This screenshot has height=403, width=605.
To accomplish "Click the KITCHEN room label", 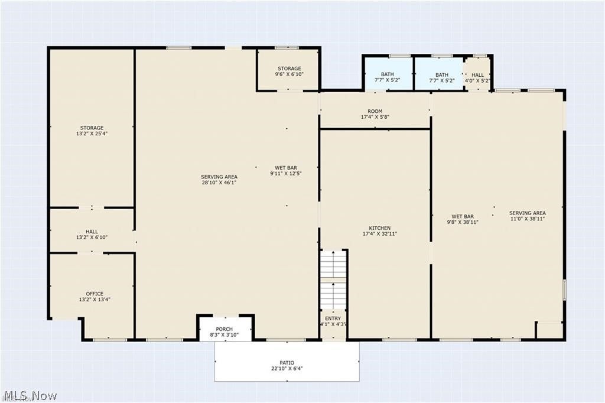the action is point(380,228).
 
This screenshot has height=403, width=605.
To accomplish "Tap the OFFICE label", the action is point(95,294).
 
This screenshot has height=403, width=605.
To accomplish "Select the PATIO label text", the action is point(287,363).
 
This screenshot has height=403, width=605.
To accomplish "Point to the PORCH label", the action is point(224,329).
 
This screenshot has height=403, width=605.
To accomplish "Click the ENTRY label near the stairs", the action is point(333,318).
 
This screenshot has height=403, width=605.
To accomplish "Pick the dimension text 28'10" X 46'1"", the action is point(219,183).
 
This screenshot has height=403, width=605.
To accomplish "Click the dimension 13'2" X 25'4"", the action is point(92,134).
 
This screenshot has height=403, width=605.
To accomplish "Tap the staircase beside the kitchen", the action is point(334,280).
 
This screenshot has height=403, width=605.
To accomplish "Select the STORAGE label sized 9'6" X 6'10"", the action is point(290,69).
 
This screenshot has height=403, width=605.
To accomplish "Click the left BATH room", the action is point(388,74).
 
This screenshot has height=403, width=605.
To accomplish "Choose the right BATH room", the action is point(440,74).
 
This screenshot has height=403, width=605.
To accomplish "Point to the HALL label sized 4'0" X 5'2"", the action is point(477,75).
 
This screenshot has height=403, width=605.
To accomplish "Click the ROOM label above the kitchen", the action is point(375,111).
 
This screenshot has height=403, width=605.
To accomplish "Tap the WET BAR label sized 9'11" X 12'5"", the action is point(286,168).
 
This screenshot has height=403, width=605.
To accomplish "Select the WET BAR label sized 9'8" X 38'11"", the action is point(463,216).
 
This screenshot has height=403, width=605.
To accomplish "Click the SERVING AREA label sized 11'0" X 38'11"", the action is point(528,213).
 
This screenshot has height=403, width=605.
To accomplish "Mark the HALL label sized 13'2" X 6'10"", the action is point(92,232).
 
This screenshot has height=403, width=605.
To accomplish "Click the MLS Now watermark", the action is point(30,396).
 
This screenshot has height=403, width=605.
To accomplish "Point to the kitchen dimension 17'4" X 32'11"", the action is point(380,233).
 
